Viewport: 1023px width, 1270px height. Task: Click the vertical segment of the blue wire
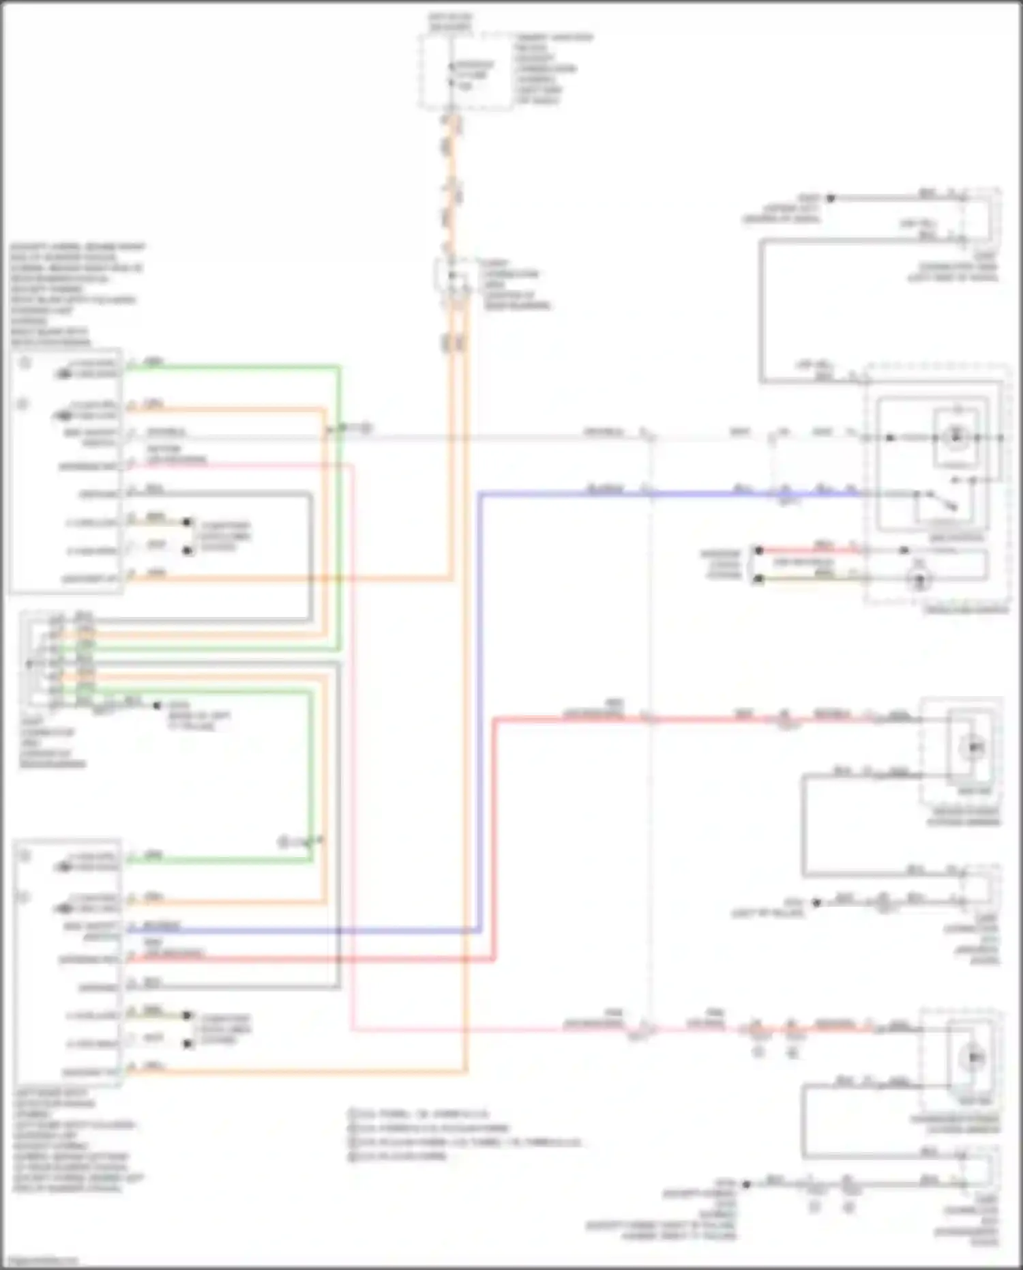click(x=480, y=710)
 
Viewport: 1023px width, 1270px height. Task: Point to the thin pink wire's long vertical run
click(x=353, y=751)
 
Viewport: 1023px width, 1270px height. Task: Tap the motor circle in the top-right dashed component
click(x=956, y=437)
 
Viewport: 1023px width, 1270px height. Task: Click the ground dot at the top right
click(x=831, y=199)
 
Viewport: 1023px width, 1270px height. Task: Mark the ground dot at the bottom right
click(x=746, y=1184)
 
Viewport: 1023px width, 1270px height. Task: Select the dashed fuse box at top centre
click(x=465, y=72)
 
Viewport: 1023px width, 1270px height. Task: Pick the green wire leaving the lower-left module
click(x=218, y=860)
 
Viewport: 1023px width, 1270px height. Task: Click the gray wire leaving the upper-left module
click(x=218, y=493)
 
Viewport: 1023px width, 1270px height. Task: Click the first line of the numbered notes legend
click(x=419, y=1114)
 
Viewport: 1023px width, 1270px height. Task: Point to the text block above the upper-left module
click(x=75, y=294)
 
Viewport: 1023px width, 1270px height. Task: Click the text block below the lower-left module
click(x=75, y=1140)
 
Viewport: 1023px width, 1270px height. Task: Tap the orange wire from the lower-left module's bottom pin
click(x=293, y=1071)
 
